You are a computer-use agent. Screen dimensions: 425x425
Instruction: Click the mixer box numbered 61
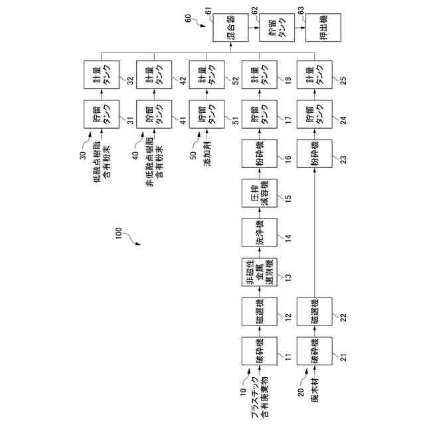click(228, 31)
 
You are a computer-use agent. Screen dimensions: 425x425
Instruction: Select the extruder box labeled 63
click(322, 31)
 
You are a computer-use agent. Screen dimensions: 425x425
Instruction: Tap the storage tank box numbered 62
click(276, 31)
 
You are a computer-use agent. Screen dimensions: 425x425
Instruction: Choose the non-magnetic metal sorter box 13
click(259, 272)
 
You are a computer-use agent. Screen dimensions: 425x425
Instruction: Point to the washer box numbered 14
click(259, 232)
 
